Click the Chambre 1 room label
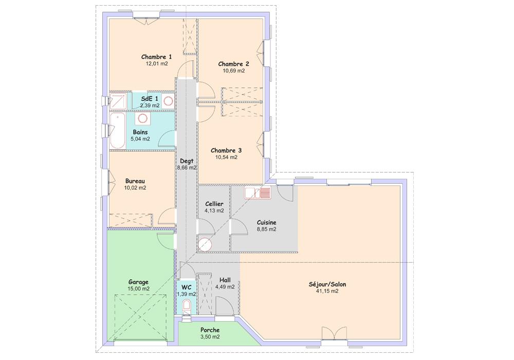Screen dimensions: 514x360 point(156,57)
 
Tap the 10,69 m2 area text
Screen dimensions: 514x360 point(234,71)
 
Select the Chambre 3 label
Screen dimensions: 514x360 point(226,151)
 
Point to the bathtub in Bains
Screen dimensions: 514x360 point(117,131)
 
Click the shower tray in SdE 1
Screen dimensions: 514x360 point(118,101)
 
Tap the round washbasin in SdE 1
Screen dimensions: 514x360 point(169,101)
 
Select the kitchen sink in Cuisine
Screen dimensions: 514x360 point(258,193)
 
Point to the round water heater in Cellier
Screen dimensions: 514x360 point(205,244)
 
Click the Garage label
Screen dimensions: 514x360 point(138,282)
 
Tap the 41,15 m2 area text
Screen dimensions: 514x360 point(327,291)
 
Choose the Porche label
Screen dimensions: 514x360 point(210,330)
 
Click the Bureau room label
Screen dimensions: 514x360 point(135,181)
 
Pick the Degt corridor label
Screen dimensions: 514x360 point(187,161)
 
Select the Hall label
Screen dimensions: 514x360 point(225,280)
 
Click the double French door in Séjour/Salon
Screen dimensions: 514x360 point(334,333)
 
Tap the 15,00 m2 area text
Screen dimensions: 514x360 point(138,289)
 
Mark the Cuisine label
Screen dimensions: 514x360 point(266,223)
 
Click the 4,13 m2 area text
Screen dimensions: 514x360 point(214,211)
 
